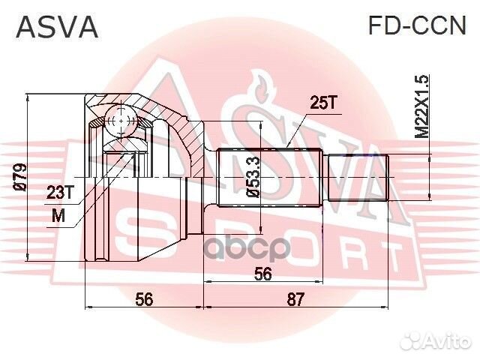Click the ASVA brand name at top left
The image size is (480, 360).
[57, 27]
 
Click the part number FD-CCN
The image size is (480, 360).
[416, 27]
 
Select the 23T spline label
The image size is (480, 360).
[60, 193]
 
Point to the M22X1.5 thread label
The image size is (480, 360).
[423, 105]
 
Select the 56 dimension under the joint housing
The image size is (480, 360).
[145, 299]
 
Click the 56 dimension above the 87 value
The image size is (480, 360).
[262, 274]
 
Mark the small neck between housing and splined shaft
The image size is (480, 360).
[210, 177]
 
